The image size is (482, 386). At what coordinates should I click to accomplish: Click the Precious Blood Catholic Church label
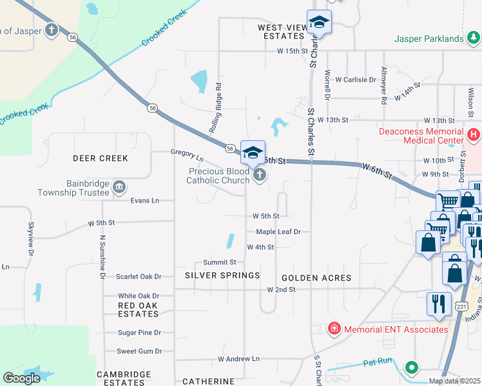[218, 176]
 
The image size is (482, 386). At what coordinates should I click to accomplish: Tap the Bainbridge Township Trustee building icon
[119, 187]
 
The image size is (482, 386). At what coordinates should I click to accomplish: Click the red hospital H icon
[474, 135]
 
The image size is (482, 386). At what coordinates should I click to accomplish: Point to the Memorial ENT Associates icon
[334, 329]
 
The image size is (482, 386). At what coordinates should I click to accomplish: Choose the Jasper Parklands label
[429, 39]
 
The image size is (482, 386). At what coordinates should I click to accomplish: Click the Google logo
[22, 378]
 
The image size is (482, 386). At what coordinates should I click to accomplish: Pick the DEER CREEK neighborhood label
[101, 158]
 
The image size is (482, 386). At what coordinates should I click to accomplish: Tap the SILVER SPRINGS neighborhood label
[222, 275]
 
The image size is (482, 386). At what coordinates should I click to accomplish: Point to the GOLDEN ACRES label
[316, 278]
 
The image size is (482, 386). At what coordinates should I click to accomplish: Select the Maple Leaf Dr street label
[278, 232]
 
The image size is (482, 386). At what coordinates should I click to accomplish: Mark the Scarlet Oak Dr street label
[138, 277]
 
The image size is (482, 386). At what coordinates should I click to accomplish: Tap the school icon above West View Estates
[319, 23]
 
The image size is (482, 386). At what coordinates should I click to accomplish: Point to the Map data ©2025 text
[454, 381]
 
